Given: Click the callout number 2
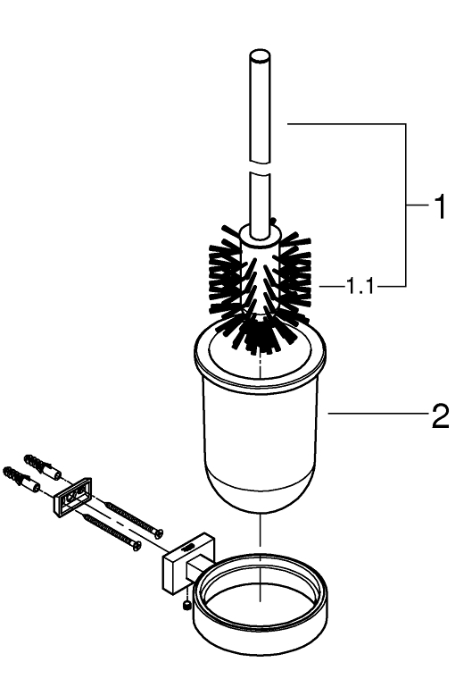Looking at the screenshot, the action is point(440,416).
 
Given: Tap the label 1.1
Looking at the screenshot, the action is point(360,286).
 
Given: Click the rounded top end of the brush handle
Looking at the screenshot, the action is point(260,56).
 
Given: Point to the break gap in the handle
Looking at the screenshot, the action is point(260,168).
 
